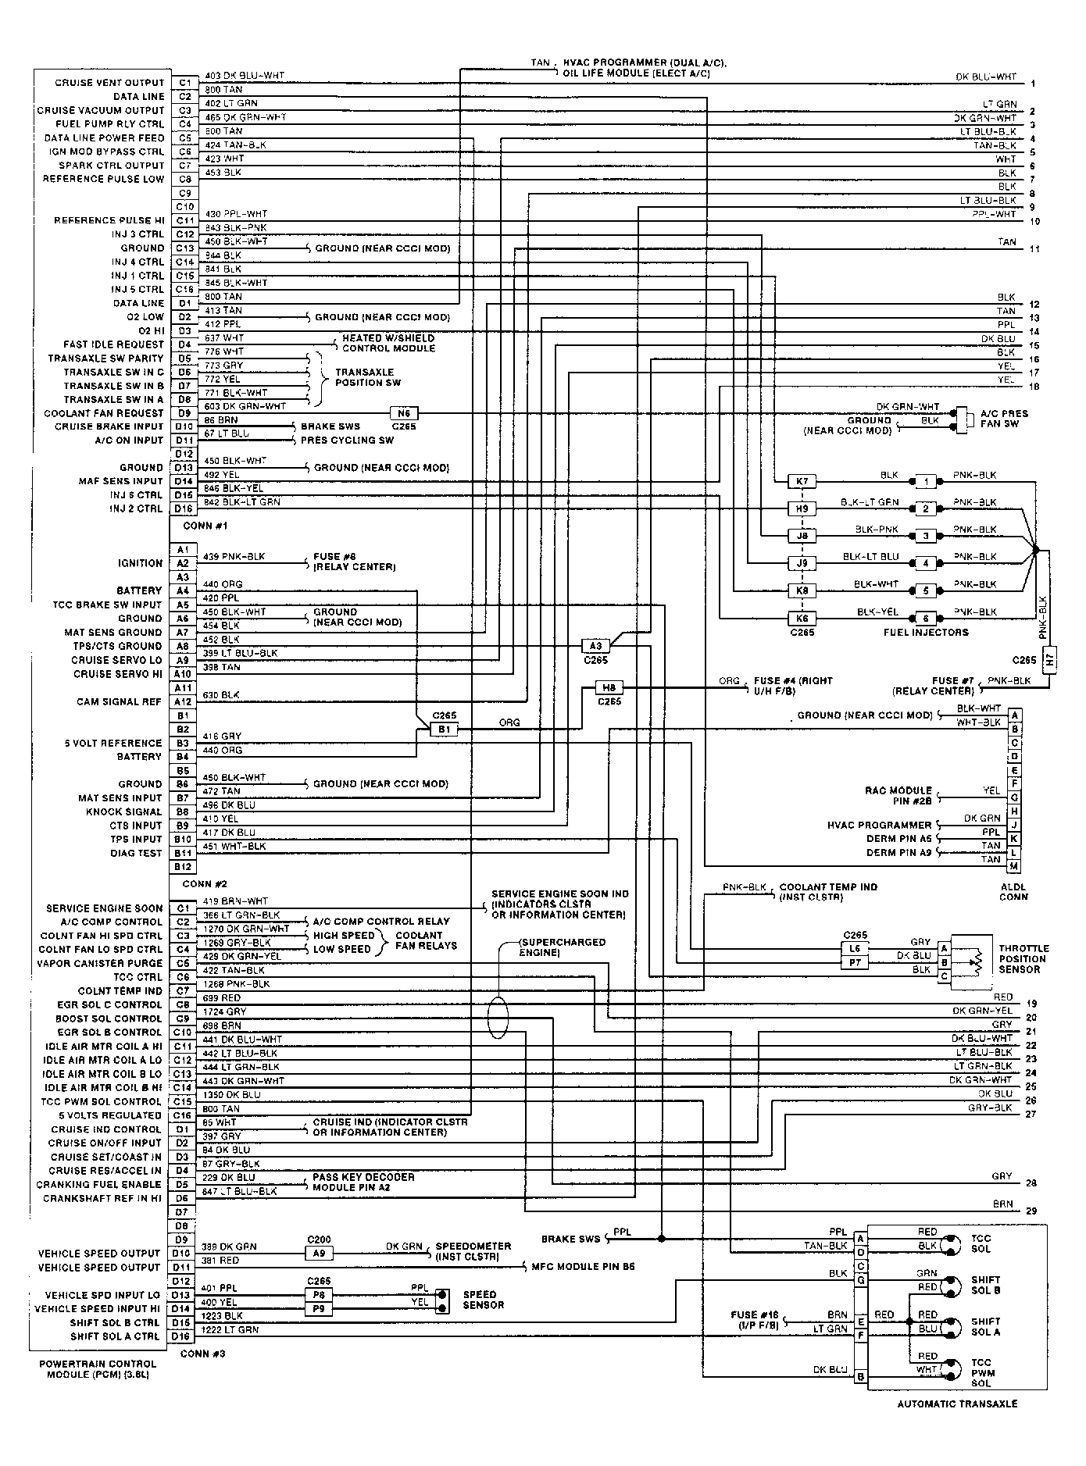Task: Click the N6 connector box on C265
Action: pos(404,413)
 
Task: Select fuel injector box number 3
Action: pos(926,536)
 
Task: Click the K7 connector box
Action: pos(802,481)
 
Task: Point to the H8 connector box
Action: pos(609,688)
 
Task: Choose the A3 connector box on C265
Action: pos(595,646)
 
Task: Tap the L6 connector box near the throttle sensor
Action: pos(856,948)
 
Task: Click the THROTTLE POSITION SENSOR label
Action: pos(1023,959)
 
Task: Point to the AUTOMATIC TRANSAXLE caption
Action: pos(957,1404)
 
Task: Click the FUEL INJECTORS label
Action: pos(926,632)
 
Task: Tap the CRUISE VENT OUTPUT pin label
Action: pos(109,83)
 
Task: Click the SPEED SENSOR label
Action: pos(483,1300)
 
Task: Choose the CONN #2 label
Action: pos(204,884)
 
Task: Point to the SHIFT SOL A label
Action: pos(986,1327)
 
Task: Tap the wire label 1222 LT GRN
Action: pos(231,1329)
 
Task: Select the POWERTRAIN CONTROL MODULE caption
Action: pos(98,1368)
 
